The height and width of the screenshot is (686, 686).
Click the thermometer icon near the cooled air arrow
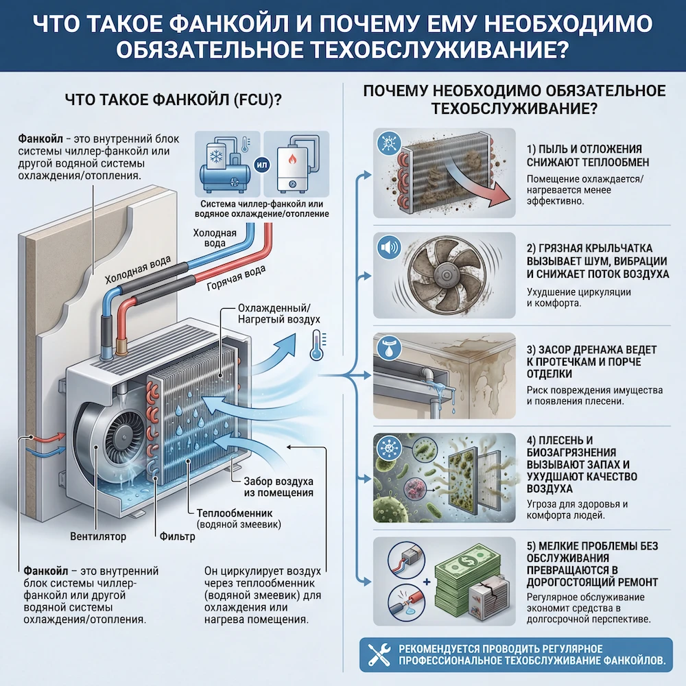click(x=316, y=344)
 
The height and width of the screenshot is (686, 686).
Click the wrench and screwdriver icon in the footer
click(x=378, y=656)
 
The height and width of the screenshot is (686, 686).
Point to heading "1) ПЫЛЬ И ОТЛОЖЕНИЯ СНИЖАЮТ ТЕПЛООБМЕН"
click(x=593, y=155)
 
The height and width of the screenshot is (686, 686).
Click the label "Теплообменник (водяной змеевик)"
click(x=235, y=519)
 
